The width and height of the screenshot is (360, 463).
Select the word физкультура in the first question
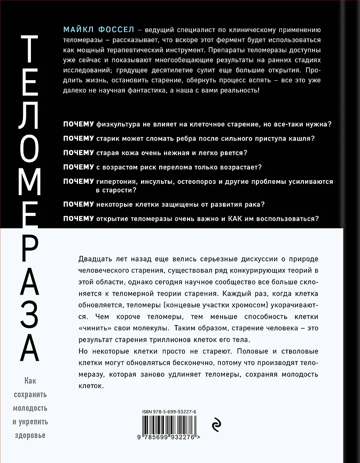tap(121, 124)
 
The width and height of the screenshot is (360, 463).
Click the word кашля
tap(302, 138)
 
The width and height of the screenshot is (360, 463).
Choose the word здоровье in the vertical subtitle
tap(29, 435)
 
